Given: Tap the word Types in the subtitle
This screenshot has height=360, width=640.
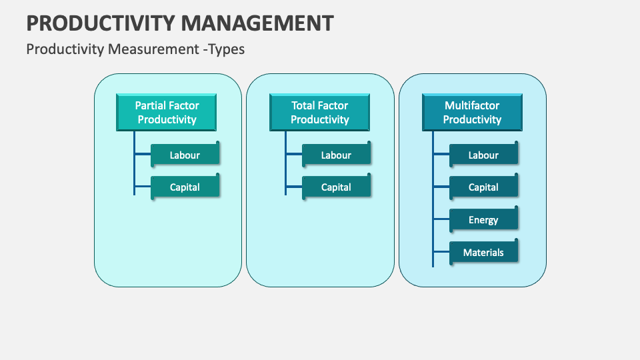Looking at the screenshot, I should (x=226, y=49).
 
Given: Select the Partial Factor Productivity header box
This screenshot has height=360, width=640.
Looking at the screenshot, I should (x=167, y=112).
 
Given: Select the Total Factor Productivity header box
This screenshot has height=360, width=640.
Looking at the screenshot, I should (x=319, y=112).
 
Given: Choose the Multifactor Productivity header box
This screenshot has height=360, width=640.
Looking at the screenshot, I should (x=472, y=112).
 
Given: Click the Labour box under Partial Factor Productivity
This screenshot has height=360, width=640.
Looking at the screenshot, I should (x=185, y=155).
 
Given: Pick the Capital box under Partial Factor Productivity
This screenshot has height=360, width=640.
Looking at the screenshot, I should (x=185, y=187).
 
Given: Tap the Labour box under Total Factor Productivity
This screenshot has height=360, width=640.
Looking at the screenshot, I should (x=336, y=155).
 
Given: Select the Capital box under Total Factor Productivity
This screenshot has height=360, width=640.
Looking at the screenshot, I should (x=336, y=187).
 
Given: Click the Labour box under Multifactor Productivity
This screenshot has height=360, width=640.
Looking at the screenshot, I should (x=483, y=155).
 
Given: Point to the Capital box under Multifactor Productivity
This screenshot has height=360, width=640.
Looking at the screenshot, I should (x=483, y=187).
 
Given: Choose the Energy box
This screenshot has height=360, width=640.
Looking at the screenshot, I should (x=483, y=219).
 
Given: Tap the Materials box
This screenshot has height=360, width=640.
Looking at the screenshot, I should (x=483, y=252).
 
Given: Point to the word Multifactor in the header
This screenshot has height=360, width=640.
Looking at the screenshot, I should (x=472, y=105).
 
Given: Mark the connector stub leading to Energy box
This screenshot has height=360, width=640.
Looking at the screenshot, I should (x=441, y=219).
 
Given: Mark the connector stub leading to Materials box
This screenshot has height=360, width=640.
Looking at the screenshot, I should (x=441, y=252).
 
